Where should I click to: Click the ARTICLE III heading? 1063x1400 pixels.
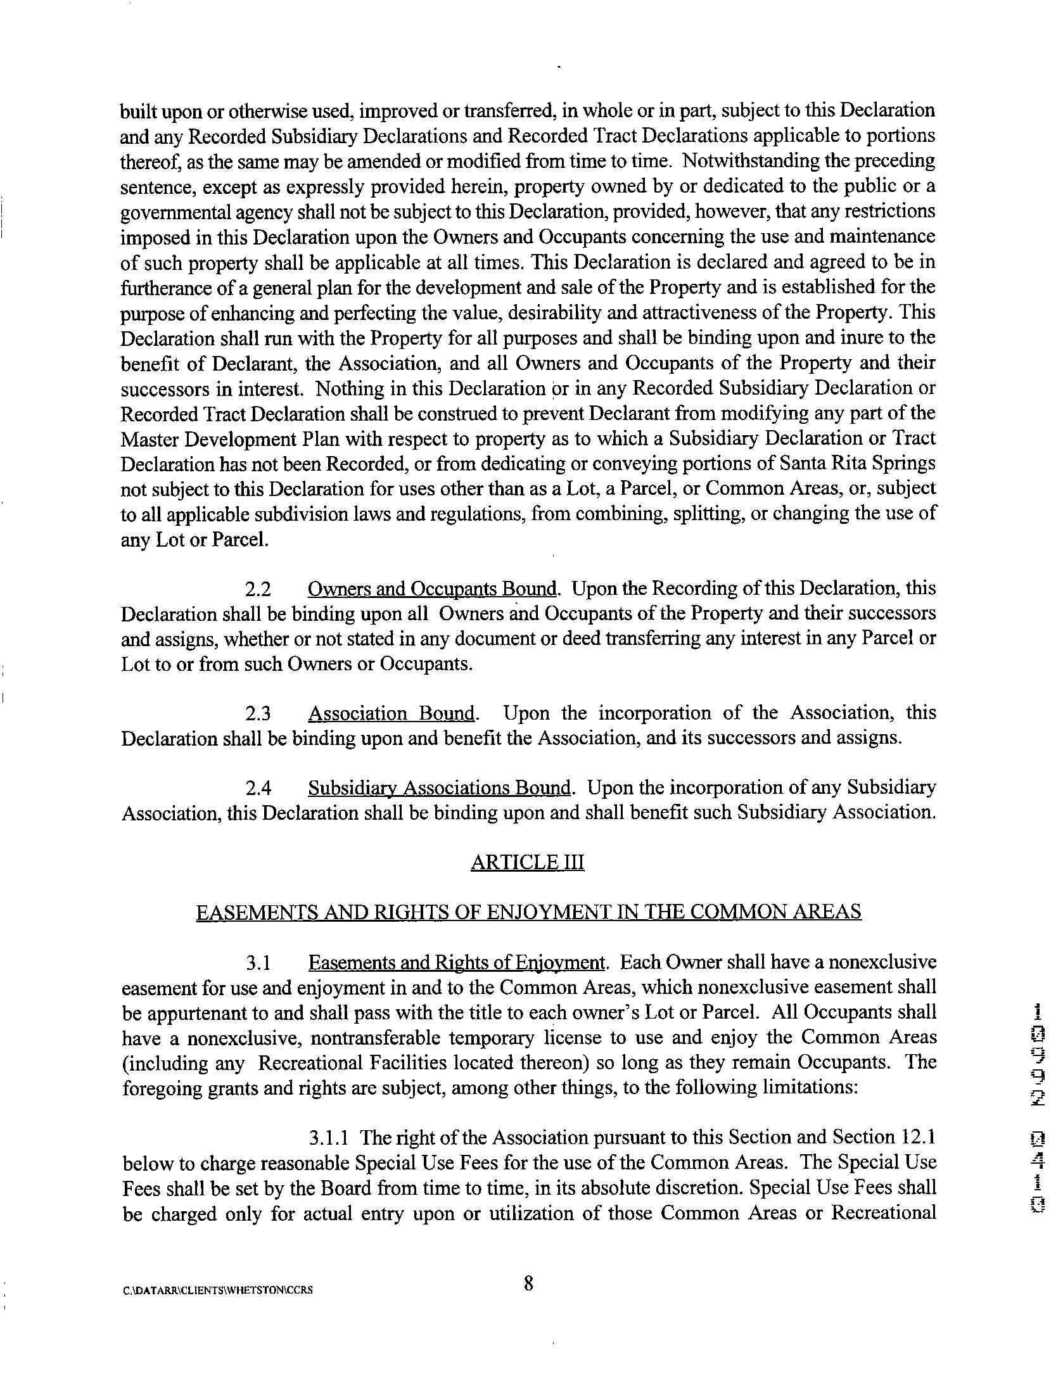(x=527, y=863)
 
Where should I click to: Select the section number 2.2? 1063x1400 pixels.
(x=258, y=590)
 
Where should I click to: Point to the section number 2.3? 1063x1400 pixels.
(x=258, y=715)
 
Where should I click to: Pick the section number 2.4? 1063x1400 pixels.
(x=258, y=789)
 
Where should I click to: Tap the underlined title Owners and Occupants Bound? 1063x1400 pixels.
(x=432, y=590)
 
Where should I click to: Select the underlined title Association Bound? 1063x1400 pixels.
(x=391, y=715)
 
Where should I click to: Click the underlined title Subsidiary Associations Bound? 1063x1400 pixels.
(x=440, y=789)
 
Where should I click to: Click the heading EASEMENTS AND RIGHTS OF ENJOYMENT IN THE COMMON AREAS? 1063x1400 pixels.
(x=528, y=913)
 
